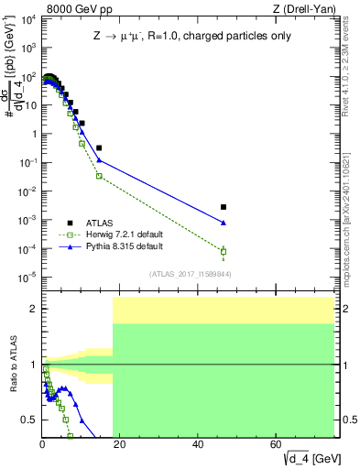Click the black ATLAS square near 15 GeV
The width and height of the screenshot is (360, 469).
pyautogui.click(x=99, y=147)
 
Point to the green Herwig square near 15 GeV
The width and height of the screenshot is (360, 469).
pyautogui.click(x=99, y=176)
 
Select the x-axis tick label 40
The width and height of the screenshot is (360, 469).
pyautogui.click(x=199, y=443)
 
